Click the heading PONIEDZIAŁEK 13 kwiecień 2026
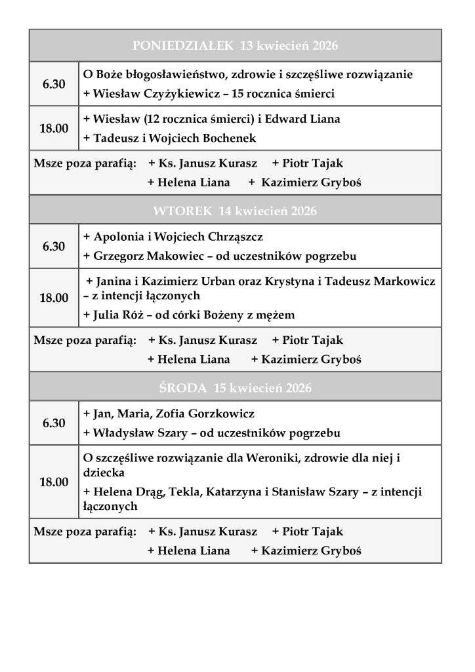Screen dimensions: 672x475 235,46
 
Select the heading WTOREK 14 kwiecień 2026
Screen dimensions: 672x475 235,211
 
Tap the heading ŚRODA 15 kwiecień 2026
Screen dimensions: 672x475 235,388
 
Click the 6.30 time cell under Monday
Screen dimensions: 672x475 54,84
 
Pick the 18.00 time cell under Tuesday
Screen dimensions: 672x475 54,298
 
